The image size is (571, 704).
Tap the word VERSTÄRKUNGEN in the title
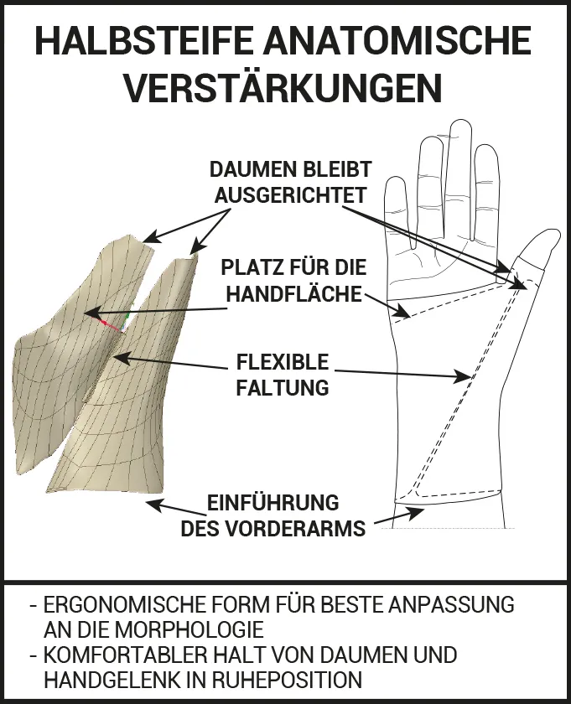pos(285,88)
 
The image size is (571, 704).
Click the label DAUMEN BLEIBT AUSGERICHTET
pos(291,183)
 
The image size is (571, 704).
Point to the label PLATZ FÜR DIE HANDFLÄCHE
pos(293,281)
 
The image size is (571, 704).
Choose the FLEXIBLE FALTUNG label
pos(283,375)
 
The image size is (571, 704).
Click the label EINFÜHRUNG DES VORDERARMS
pos(273,515)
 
